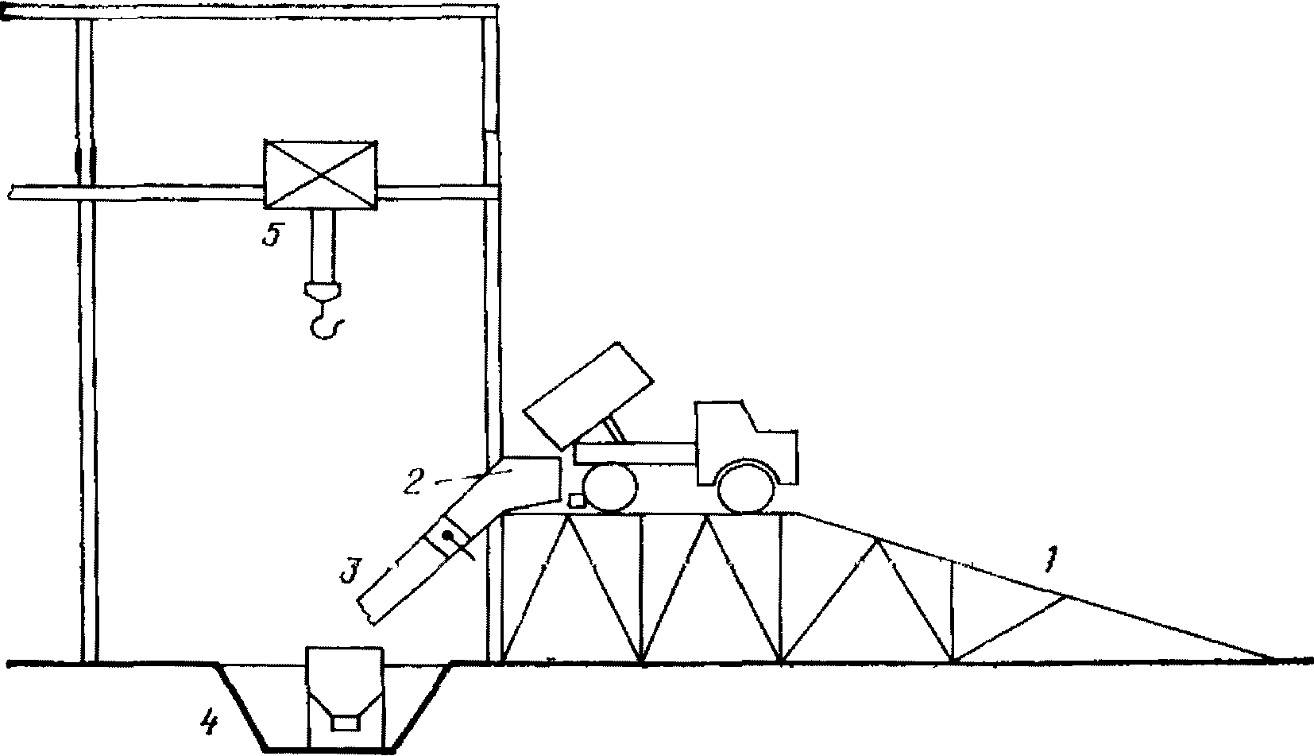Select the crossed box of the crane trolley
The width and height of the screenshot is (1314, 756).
click(x=320, y=175)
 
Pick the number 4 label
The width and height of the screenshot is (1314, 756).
click(x=208, y=723)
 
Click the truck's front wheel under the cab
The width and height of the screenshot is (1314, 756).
click(x=746, y=486)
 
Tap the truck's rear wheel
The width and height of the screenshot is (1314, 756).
click(x=610, y=487)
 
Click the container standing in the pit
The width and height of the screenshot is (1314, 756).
click(x=346, y=692)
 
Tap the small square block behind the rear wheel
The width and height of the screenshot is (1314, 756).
click(x=578, y=500)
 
